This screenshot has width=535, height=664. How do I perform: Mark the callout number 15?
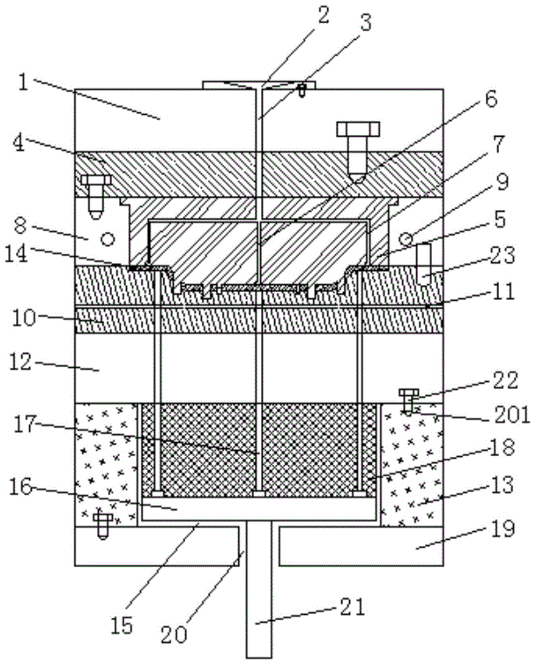(123, 625)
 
